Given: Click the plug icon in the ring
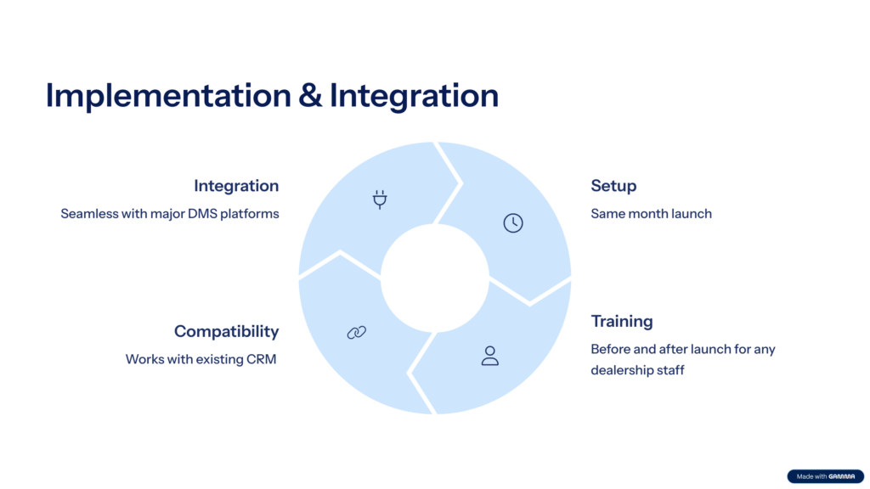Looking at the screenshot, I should (x=380, y=200).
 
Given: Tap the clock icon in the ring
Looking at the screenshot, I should (x=513, y=223).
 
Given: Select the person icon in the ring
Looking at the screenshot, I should (x=489, y=356).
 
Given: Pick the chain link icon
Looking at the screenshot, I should (x=356, y=333).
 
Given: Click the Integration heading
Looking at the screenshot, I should (x=235, y=186).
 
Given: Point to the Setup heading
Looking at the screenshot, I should (x=613, y=186).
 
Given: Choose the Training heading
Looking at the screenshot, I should (x=622, y=322).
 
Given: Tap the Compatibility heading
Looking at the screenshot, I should (x=226, y=331).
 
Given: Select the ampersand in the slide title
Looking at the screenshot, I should (x=310, y=95).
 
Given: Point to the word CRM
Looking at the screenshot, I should (x=261, y=359).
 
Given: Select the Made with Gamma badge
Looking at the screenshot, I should (x=824, y=476).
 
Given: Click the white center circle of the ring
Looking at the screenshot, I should (x=435, y=278).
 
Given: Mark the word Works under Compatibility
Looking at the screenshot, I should (x=144, y=359).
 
